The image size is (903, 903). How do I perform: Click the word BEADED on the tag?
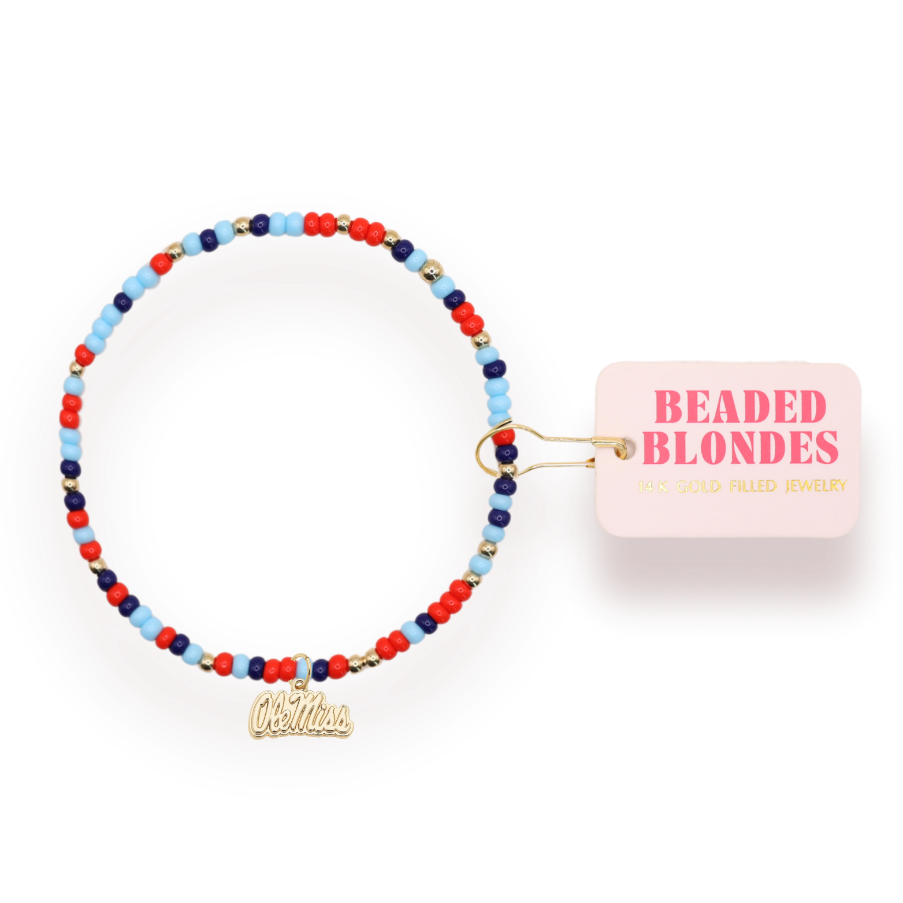tap(741, 407)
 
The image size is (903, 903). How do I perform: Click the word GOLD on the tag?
tap(698, 486)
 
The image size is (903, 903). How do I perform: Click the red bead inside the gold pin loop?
tap(504, 436)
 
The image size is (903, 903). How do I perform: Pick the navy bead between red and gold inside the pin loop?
tap(506, 454)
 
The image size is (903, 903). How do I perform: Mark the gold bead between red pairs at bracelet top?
tap(343, 221)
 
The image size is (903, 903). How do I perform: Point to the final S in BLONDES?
tap(824, 447)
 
